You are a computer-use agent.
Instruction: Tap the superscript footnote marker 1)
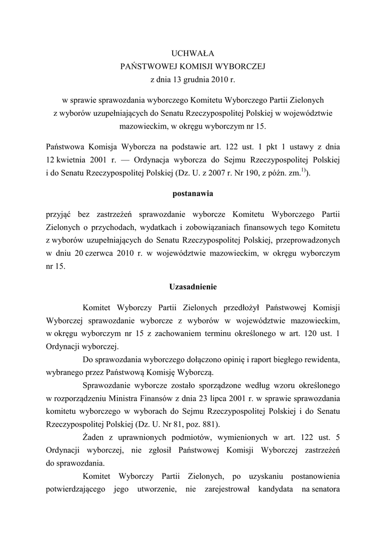303,171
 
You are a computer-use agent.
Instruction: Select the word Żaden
95,438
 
